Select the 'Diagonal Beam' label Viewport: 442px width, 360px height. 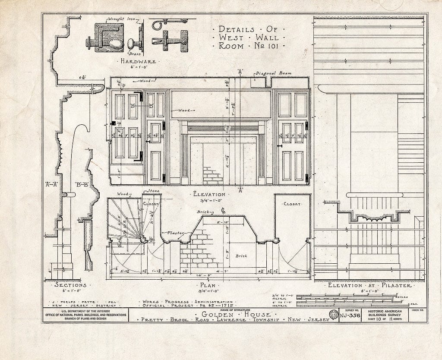pyautogui.click(x=273, y=73)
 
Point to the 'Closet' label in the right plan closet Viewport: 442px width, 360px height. pyautogui.click(x=292, y=204)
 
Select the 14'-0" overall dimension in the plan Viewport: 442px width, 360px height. pyautogui.click(x=209, y=275)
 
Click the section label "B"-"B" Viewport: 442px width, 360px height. pyautogui.click(x=81, y=184)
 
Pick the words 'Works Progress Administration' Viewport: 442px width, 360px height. pyautogui.click(x=185, y=302)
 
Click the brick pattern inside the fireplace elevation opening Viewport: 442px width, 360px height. pyautogui.click(x=213, y=176)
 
